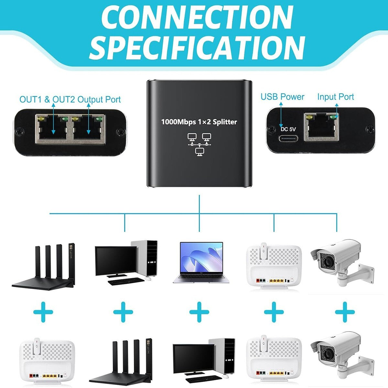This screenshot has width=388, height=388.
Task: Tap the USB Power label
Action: [x=282, y=97]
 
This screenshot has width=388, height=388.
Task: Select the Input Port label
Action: [x=335, y=97]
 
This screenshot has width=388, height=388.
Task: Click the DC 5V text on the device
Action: [x=288, y=129]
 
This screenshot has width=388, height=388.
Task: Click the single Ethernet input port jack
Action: [x=323, y=128]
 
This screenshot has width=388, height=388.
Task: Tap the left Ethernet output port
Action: [x=52, y=128]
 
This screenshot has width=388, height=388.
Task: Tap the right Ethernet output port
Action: [x=88, y=128]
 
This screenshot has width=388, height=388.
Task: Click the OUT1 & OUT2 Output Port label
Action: [x=70, y=99]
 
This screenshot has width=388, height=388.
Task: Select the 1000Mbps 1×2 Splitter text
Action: [x=199, y=122]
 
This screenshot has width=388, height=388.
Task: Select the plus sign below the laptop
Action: [x=199, y=312]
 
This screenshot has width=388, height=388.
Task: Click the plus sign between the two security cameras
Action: [x=345, y=312]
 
